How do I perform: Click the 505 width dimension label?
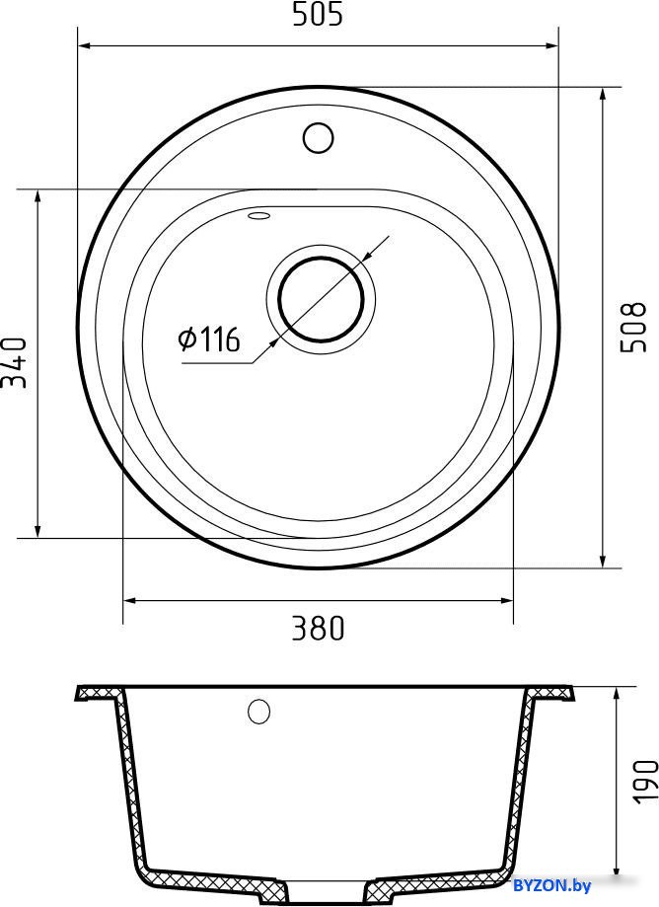(318, 14)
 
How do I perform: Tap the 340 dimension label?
(14, 363)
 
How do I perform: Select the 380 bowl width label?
(318, 629)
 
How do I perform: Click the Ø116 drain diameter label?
(209, 339)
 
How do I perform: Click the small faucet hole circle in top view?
(318, 137)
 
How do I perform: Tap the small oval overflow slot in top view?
(258, 216)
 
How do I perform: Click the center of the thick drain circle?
(321, 299)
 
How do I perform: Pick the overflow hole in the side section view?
(258, 711)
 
